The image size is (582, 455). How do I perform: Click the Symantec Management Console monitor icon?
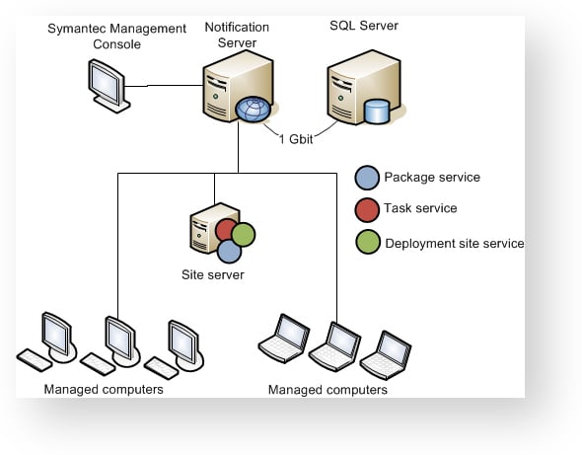pos(109,86)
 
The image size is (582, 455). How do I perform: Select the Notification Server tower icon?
pos(239,86)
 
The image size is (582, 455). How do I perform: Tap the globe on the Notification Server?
pos(253,109)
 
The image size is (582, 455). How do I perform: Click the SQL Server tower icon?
pos(364,87)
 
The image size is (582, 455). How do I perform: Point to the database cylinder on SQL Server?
pos(377,112)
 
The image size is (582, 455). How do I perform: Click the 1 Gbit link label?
pos(296,139)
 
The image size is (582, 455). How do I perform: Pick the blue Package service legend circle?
pos(367,178)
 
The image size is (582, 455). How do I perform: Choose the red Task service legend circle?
pos(367,210)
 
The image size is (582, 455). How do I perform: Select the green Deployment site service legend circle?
pos(368,242)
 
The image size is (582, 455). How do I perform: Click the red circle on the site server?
pos(225,229)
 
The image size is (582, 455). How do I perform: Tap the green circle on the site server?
pos(244,234)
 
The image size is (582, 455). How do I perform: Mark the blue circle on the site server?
pos(230,251)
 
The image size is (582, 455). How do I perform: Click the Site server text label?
pos(213,274)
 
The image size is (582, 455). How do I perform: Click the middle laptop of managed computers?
pos(334,346)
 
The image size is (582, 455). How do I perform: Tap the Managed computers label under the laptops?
pos(327,390)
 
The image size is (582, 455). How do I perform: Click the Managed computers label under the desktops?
pos(104,389)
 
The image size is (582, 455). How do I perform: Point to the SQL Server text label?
pos(364,26)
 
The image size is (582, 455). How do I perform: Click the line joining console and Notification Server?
pos(164,86)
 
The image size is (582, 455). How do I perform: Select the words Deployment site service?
pos(455,244)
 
